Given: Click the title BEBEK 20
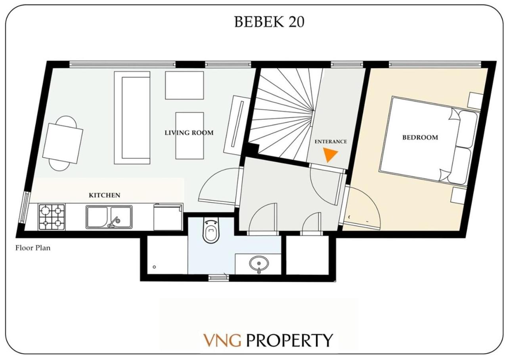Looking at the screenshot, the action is [269, 22].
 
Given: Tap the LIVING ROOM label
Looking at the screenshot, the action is [189, 133].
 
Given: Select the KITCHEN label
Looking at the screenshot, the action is [104, 195].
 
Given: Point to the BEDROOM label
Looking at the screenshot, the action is [420, 138].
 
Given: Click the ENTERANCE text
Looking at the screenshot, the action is [331, 142].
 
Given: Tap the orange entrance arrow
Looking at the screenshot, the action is [330, 155].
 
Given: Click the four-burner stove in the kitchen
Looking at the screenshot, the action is [52, 217].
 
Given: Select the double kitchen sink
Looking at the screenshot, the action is [109, 217].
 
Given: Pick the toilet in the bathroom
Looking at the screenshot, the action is [211, 230].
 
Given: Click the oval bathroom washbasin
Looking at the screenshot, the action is [259, 264].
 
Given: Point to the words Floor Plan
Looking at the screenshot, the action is [33, 248].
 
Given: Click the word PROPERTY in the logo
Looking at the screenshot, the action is [290, 340].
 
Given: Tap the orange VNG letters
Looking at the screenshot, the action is [222, 340].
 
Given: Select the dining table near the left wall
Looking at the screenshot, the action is [63, 143].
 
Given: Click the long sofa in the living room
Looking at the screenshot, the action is [132, 118].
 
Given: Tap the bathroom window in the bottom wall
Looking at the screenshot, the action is [218, 278].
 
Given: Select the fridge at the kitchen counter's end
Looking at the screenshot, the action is [168, 217].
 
